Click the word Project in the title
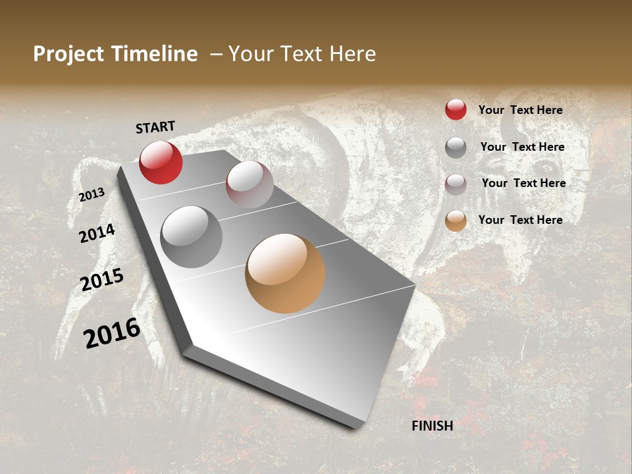pyautogui.click(x=69, y=55)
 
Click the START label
pyautogui.click(x=155, y=127)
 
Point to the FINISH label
pyautogui.click(x=432, y=426)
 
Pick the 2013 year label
pyautogui.click(x=92, y=194)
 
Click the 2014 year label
pyautogui.click(x=97, y=233)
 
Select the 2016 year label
pyautogui.click(x=112, y=333)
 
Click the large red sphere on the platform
pyautogui.click(x=161, y=162)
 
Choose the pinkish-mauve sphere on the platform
pyautogui.click(x=250, y=184)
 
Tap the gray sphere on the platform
pyautogui.click(x=192, y=236)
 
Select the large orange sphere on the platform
pyautogui.click(x=285, y=273)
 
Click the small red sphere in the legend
pyautogui.click(x=456, y=109)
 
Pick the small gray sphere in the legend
pyautogui.click(x=456, y=147)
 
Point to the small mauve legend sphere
pyautogui.click(x=456, y=184)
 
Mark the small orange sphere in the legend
pyautogui.click(x=456, y=221)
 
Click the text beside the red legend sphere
pyautogui.click(x=520, y=111)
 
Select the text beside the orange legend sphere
pyautogui.click(x=520, y=220)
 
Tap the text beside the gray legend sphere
pyautogui.click(x=522, y=147)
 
